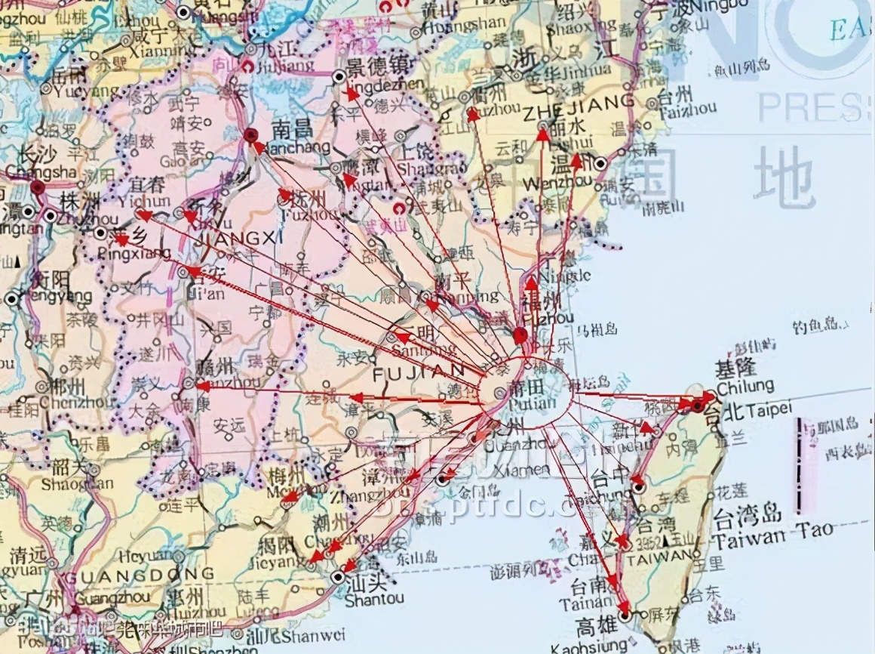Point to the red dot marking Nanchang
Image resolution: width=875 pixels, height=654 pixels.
click(251, 134)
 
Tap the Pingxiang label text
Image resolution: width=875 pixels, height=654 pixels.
click(135, 254)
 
